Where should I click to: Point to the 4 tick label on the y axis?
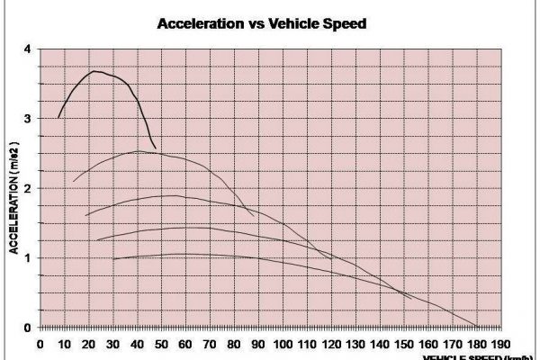click(27, 49)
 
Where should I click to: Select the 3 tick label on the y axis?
click(27, 119)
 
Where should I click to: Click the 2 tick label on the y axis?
click(27, 188)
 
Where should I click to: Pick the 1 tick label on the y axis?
click(27, 258)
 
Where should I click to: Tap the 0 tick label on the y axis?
click(27, 328)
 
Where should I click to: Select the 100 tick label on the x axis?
click(283, 343)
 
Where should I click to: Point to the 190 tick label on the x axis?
click(502, 343)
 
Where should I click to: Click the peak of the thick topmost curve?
click(94, 71)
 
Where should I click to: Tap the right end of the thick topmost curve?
click(156, 148)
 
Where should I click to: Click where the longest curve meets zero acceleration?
click(477, 327)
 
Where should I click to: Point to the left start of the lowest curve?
click(113, 259)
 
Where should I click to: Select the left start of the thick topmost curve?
click(58, 117)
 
